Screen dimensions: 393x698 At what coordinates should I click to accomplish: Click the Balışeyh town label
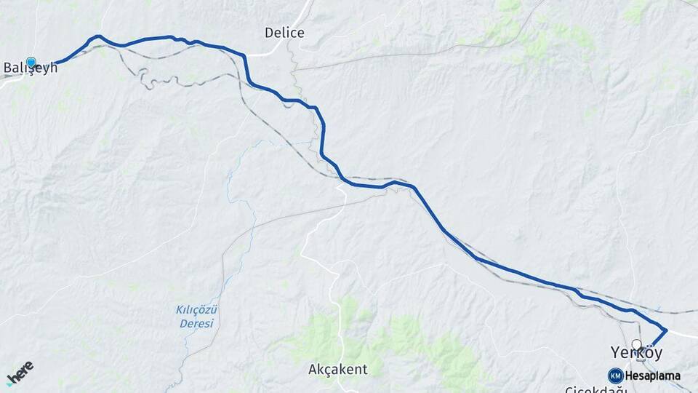31,68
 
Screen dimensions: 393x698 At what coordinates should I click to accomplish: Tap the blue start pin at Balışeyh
31,63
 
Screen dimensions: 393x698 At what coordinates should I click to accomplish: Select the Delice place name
284,33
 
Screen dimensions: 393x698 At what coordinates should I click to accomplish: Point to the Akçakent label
337,370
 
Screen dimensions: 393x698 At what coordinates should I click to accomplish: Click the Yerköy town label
637,353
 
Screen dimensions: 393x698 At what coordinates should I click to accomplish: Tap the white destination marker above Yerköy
637,344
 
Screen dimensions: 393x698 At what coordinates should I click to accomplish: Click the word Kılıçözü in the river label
197,309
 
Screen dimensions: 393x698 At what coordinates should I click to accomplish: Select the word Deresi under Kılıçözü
197,323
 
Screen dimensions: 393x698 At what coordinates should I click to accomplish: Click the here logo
20,372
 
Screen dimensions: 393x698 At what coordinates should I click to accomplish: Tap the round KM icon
616,376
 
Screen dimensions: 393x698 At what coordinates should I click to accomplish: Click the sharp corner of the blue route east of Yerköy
666,330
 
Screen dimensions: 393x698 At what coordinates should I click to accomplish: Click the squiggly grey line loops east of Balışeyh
145,79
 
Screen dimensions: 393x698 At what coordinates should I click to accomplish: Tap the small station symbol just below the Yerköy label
641,359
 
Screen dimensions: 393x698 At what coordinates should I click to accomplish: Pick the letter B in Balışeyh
8,68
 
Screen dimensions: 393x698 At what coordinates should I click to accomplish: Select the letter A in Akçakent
313,370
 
